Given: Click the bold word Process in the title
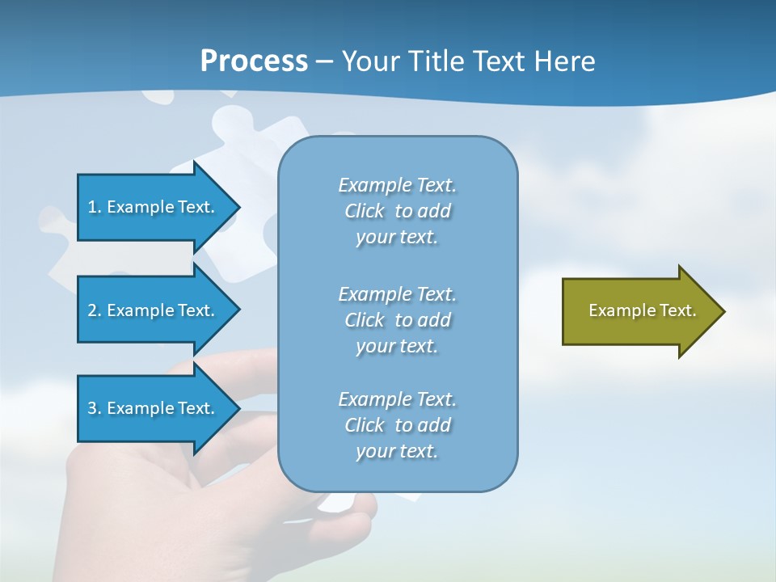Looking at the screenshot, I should point(254,61).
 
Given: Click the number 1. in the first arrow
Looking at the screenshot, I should point(95,207).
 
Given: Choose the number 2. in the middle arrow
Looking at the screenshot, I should point(95,310).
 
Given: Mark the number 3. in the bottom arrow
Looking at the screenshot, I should point(95,408).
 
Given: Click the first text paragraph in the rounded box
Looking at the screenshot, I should point(397,211).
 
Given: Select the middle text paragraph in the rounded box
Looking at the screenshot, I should point(397,320).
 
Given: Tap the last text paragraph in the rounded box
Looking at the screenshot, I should point(397,425).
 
